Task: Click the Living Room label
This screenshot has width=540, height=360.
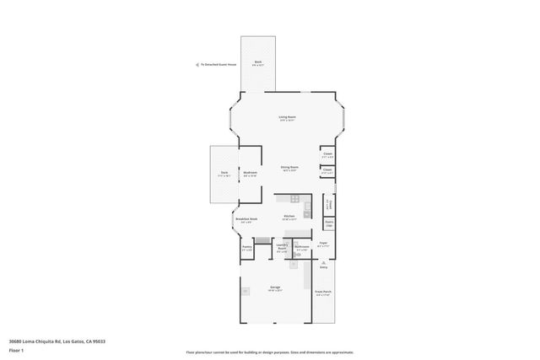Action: [288, 117]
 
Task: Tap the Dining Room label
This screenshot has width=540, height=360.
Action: [289, 167]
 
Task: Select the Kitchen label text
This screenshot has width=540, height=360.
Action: [289, 216]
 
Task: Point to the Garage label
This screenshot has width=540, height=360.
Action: [275, 287]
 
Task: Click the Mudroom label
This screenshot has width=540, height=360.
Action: [250, 173]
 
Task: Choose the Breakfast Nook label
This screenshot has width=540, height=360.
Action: [246, 219]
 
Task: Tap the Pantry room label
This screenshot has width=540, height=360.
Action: [247, 248]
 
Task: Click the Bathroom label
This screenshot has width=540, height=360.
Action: [302, 247]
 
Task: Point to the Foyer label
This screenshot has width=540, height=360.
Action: [323, 243]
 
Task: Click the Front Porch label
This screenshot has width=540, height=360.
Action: [323, 292]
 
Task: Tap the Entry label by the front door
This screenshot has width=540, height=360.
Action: [323, 266]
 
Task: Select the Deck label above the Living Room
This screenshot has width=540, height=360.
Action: [258, 62]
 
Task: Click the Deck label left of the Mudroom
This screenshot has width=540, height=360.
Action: [224, 173]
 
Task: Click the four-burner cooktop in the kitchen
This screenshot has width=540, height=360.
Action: [294, 200]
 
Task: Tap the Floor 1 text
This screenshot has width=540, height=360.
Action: [16, 349]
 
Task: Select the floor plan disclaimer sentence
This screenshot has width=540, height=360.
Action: [270, 352]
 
